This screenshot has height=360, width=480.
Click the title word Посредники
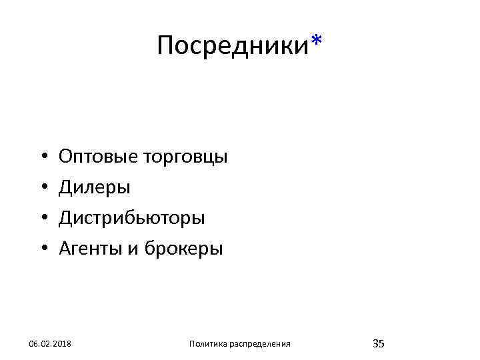[x=233, y=46]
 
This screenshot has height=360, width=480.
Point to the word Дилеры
[x=95, y=188]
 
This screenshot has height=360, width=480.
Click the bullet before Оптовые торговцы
[x=42, y=158]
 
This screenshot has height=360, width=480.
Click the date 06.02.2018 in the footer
[x=51, y=343]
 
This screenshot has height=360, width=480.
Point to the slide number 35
[x=378, y=343]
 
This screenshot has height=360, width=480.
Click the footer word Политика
[x=207, y=343]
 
